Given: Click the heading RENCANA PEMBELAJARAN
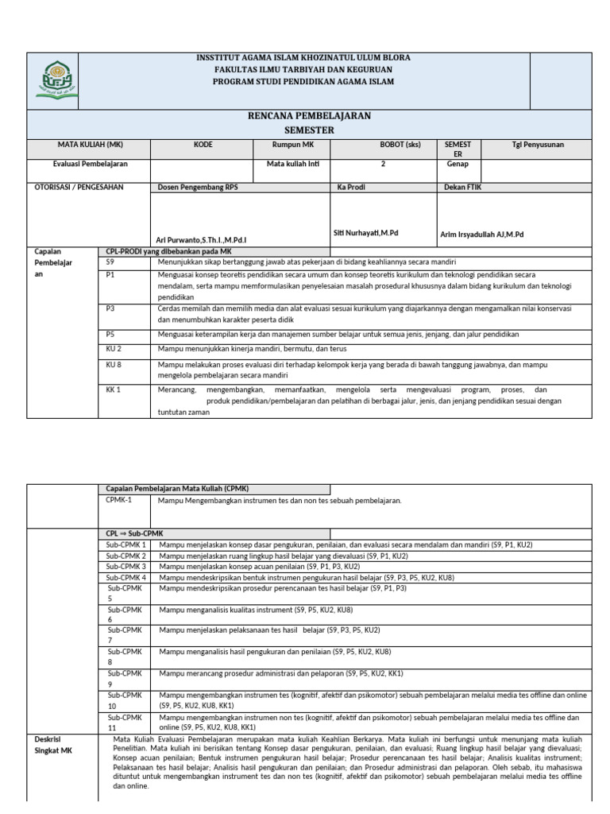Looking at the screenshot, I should (310, 116).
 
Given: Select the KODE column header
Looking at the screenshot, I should (203, 145).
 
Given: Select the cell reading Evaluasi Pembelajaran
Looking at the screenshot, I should (90, 164).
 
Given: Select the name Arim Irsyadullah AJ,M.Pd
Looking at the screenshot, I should (482, 235).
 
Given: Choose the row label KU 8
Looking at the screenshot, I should (114, 364).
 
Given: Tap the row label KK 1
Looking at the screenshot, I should (114, 390).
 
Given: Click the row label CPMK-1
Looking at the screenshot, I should (119, 501).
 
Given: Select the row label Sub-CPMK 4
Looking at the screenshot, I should (126, 577).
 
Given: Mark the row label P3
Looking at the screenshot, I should (110, 308).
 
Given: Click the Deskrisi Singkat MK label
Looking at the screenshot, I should (52, 743).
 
